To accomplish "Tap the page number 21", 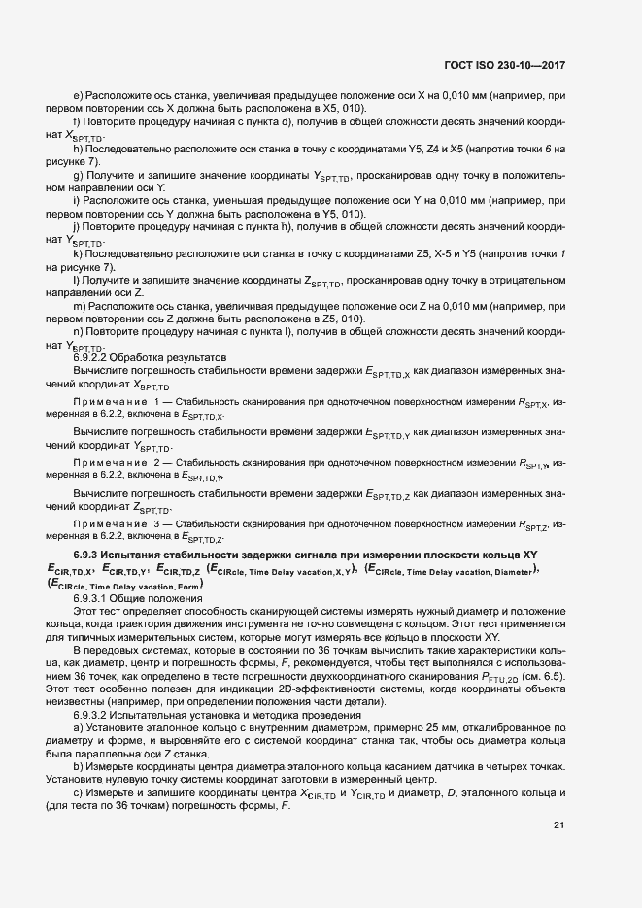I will (x=558, y=826).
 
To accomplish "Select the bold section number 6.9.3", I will (x=92, y=554).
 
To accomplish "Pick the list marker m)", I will (x=79, y=306).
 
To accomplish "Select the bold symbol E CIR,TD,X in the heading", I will (x=69, y=569).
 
